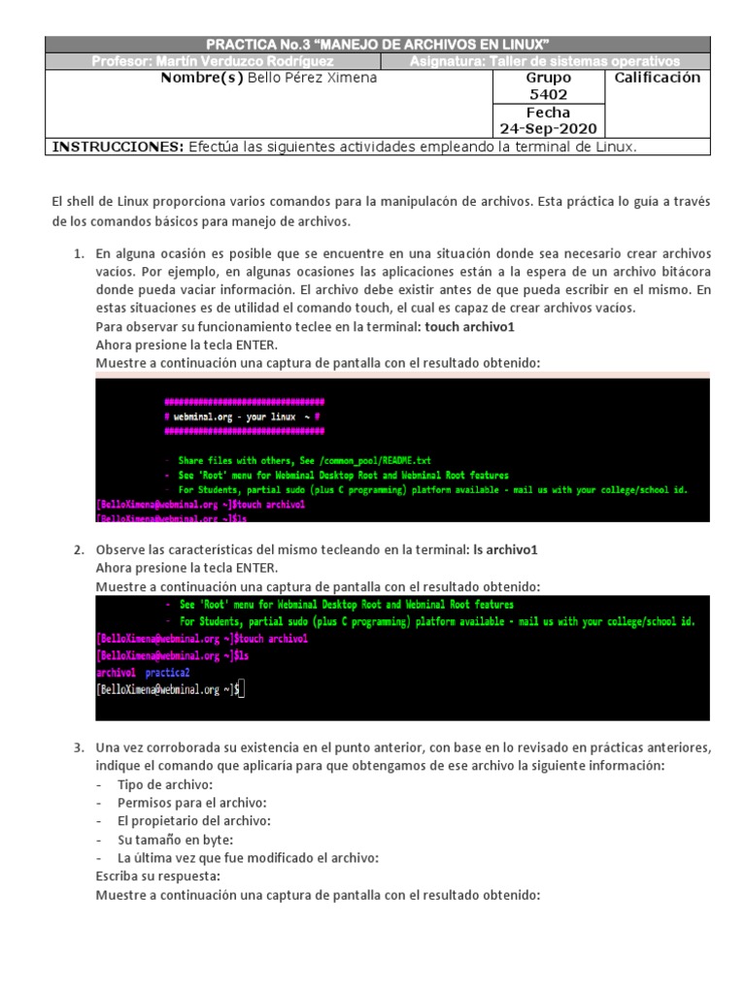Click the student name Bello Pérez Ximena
tap(312, 78)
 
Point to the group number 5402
tap(548, 95)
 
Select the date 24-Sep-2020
tap(548, 129)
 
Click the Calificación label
tap(657, 78)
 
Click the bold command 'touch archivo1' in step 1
tap(469, 327)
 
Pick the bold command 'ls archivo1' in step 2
tap(504, 550)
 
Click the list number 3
tap(79, 747)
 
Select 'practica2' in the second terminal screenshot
tap(167, 672)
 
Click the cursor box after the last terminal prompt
tap(241, 689)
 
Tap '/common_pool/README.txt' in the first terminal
tap(374, 459)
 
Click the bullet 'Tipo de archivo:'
tap(164, 784)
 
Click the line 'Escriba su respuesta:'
tap(157, 877)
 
